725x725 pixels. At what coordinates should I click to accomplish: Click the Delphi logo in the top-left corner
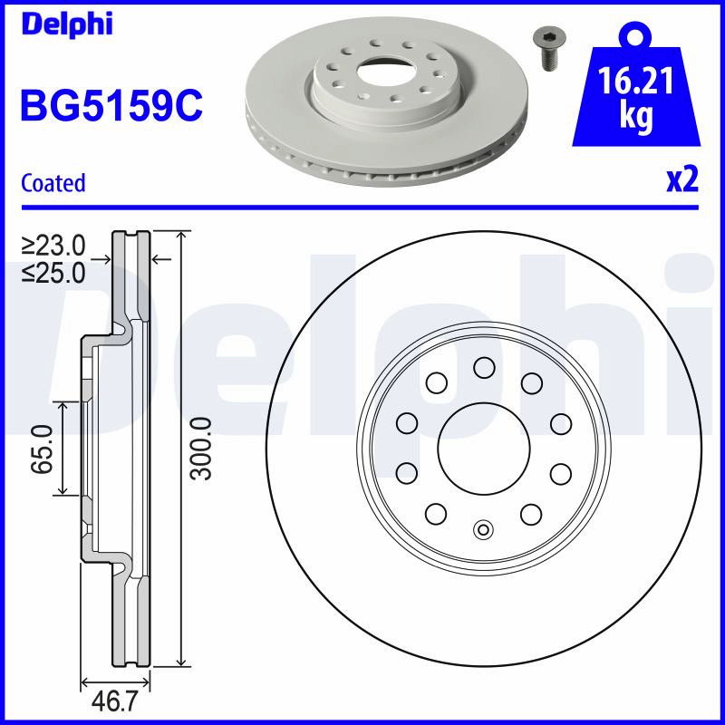(x=67, y=24)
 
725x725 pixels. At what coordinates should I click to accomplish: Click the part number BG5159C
(x=111, y=105)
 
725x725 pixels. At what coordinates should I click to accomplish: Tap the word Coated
(x=53, y=183)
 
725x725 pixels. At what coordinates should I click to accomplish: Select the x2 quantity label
(x=682, y=180)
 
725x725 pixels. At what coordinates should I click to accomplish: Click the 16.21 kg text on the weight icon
(x=636, y=97)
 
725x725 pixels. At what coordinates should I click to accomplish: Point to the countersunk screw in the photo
(x=549, y=49)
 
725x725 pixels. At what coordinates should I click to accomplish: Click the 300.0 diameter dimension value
(x=202, y=449)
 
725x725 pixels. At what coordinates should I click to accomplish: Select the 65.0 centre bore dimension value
(x=42, y=449)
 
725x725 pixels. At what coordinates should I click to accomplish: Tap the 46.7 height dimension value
(x=115, y=702)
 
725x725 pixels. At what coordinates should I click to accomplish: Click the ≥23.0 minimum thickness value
(x=53, y=245)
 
